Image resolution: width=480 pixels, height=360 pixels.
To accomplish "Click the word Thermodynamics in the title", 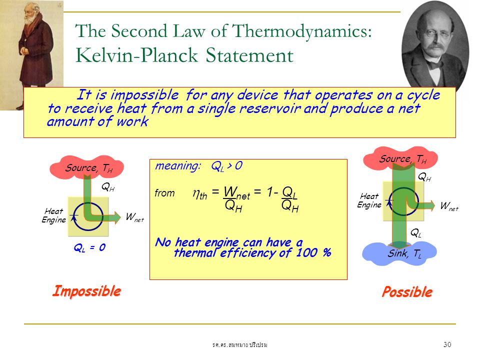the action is click(302, 31).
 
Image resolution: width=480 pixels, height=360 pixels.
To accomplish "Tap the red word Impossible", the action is click(86, 291).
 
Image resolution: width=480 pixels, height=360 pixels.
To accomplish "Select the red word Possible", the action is click(407, 291).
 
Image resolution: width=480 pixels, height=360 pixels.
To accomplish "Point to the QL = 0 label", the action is click(89, 247).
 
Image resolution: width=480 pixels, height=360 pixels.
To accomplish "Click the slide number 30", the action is click(447, 344).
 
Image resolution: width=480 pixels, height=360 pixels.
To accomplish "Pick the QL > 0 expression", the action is click(227, 166).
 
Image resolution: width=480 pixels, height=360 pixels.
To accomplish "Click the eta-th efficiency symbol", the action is click(200, 194).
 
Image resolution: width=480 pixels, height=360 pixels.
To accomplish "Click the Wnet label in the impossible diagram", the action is click(134, 217).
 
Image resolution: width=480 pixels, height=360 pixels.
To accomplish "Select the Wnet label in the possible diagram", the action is click(449, 206).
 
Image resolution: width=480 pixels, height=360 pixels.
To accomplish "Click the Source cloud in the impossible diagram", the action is click(86, 167).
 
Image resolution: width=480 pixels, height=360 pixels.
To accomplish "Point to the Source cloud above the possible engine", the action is click(400, 158).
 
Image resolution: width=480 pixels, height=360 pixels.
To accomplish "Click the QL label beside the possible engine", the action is click(415, 233).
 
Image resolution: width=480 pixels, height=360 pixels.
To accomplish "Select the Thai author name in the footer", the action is click(239, 345).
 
